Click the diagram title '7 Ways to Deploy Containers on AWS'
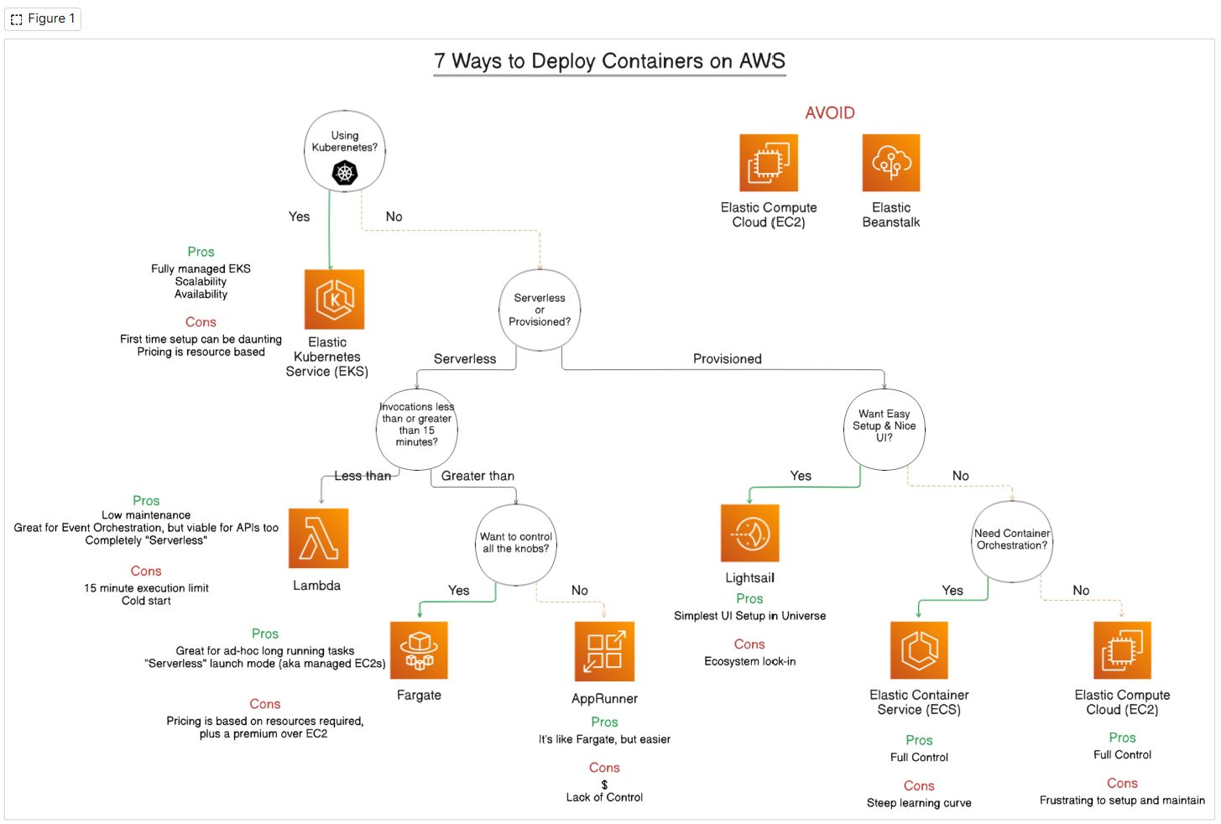point(609,61)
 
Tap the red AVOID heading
point(829,113)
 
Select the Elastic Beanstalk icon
point(891,163)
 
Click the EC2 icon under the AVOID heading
point(768,163)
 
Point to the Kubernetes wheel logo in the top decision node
point(345,173)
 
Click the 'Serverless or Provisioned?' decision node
point(540,310)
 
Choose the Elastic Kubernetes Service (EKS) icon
point(334,300)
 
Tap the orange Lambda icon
point(318,538)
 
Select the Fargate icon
point(419,650)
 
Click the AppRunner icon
point(604,651)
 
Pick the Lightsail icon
point(749,533)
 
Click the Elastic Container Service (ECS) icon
point(919,650)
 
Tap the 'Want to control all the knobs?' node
point(516,543)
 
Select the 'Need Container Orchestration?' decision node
point(1012,540)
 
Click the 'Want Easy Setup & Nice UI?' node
point(884,425)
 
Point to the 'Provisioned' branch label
point(727,359)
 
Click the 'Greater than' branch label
point(477,476)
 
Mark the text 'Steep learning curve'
point(919,803)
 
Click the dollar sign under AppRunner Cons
point(604,785)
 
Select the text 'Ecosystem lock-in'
point(749,661)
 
